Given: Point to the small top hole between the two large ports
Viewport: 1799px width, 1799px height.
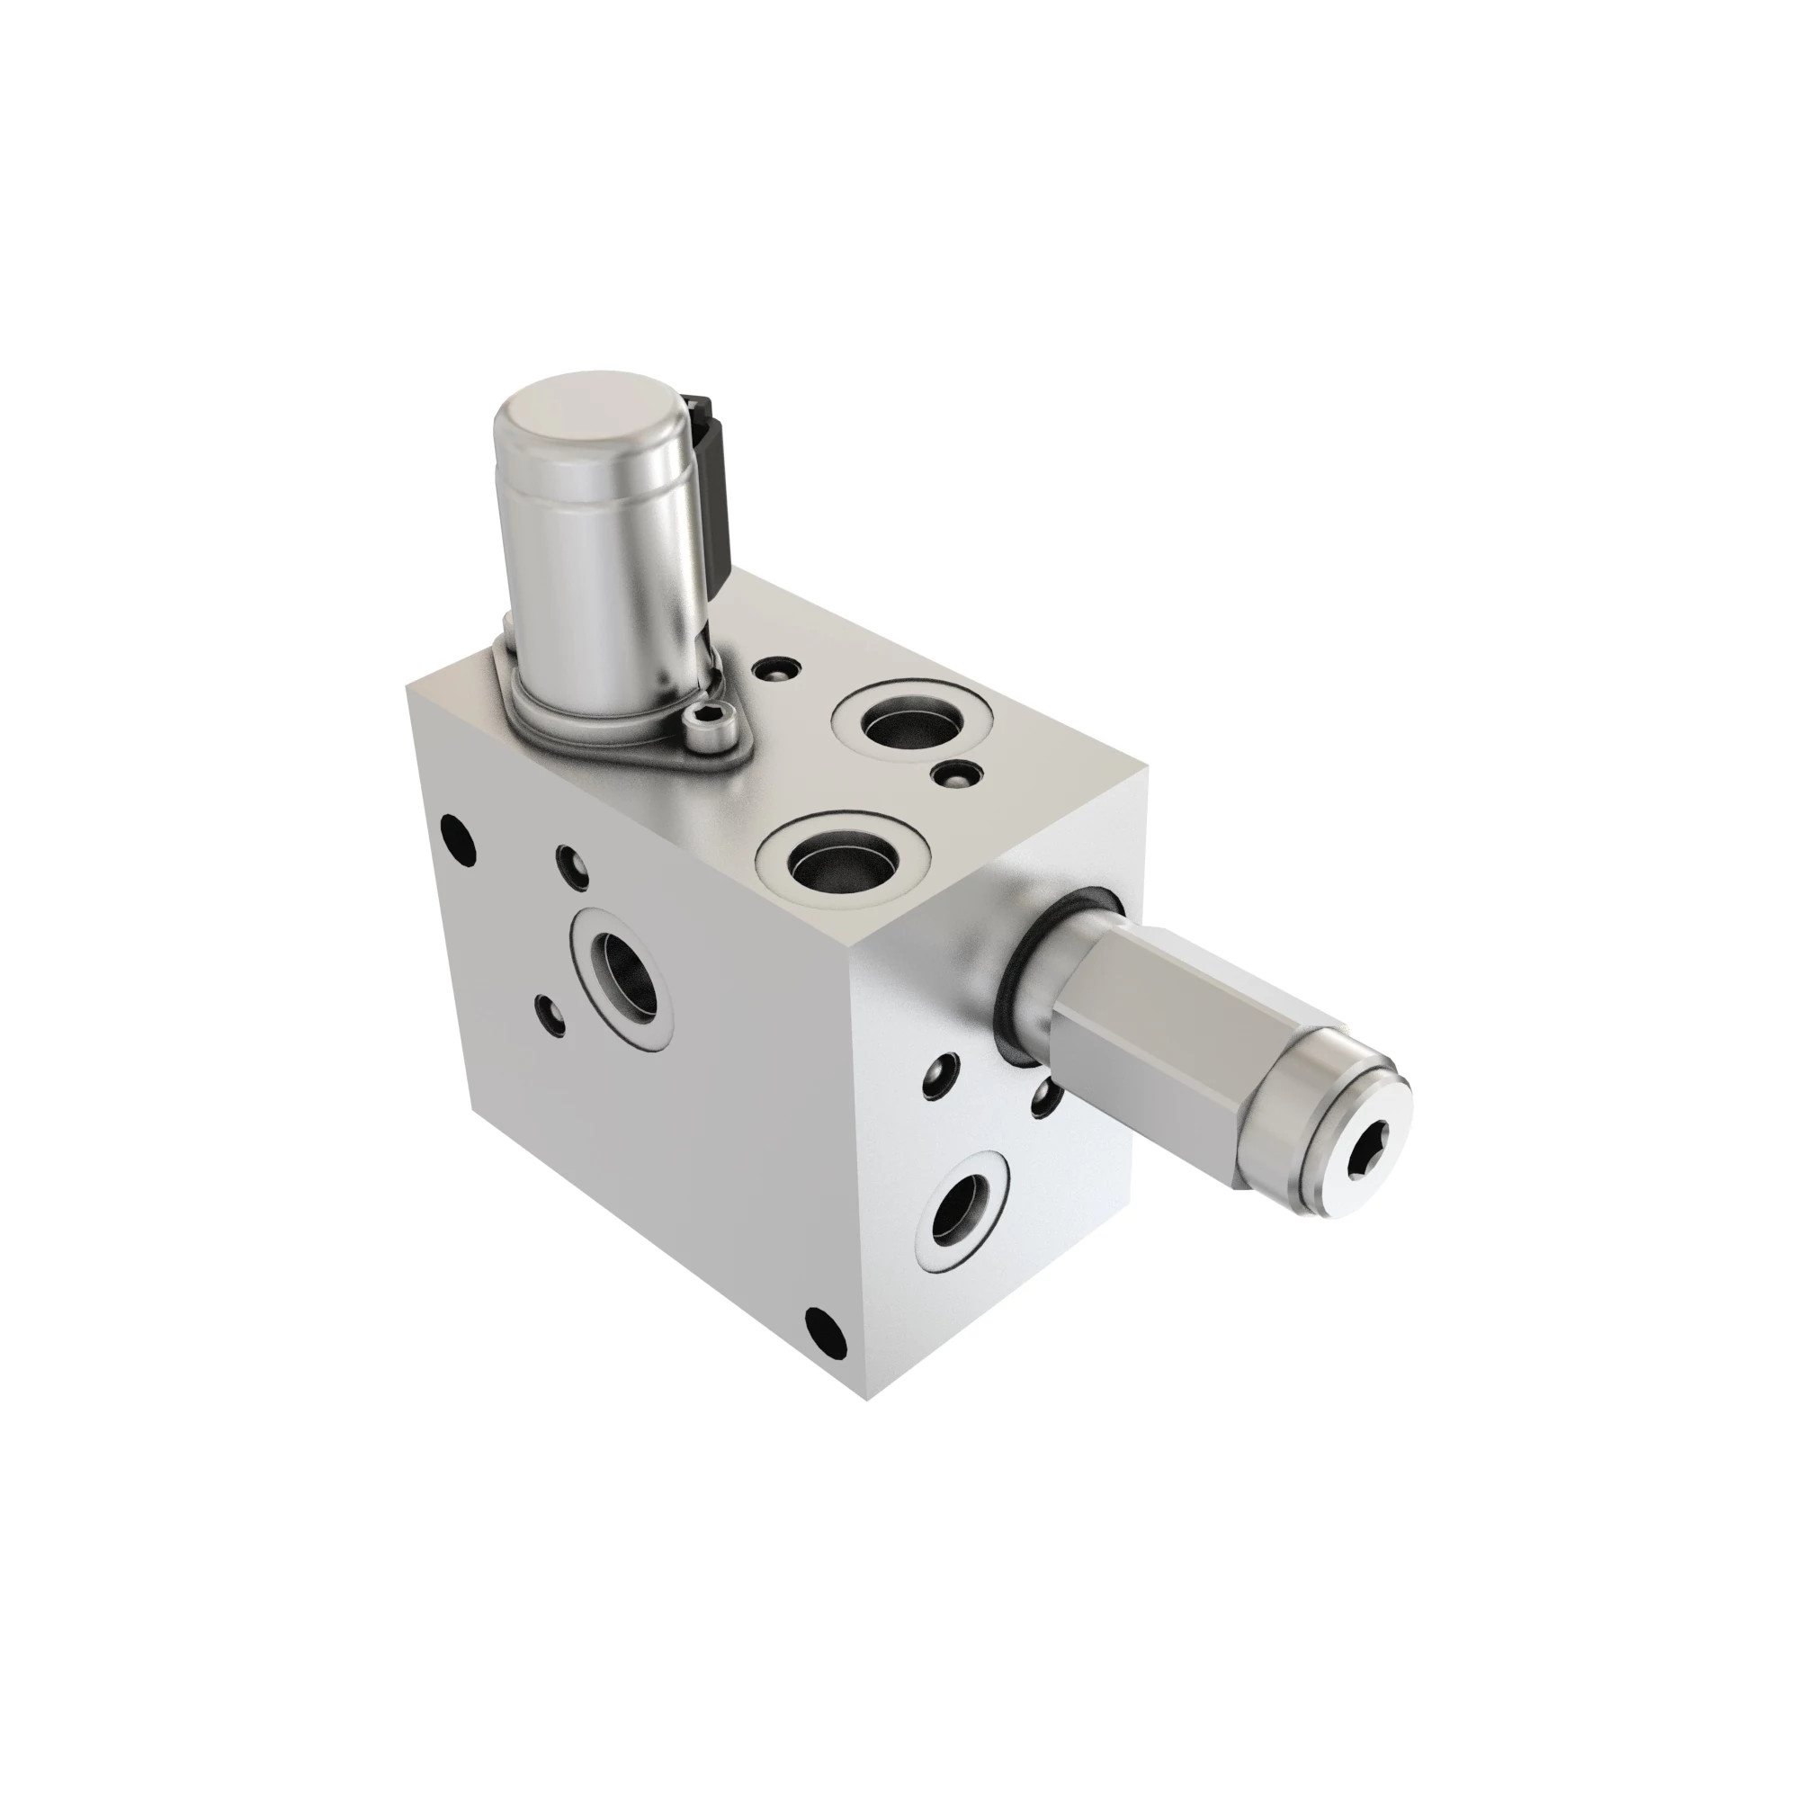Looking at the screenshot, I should [958, 772].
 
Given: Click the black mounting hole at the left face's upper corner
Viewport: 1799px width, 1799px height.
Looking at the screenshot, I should [458, 828].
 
